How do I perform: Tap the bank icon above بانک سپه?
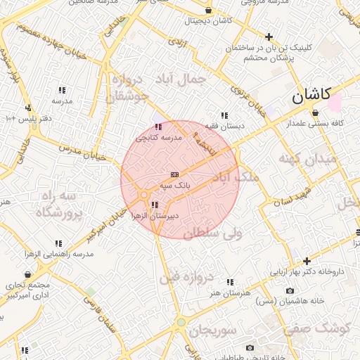(174, 174)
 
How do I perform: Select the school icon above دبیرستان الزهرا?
(155, 205)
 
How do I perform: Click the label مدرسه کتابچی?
(162, 138)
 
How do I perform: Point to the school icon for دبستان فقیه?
(224, 115)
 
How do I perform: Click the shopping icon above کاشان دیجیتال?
(209, 11)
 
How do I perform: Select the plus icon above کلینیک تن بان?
(269, 37)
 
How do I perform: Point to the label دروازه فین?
(186, 277)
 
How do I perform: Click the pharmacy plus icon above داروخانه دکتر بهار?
(307, 261)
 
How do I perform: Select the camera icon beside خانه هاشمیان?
(290, 291)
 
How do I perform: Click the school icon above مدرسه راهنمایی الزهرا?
(58, 243)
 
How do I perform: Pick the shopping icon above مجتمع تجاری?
(27, 275)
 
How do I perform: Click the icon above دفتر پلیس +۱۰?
(28, 108)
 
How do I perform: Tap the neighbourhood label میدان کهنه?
(307, 159)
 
